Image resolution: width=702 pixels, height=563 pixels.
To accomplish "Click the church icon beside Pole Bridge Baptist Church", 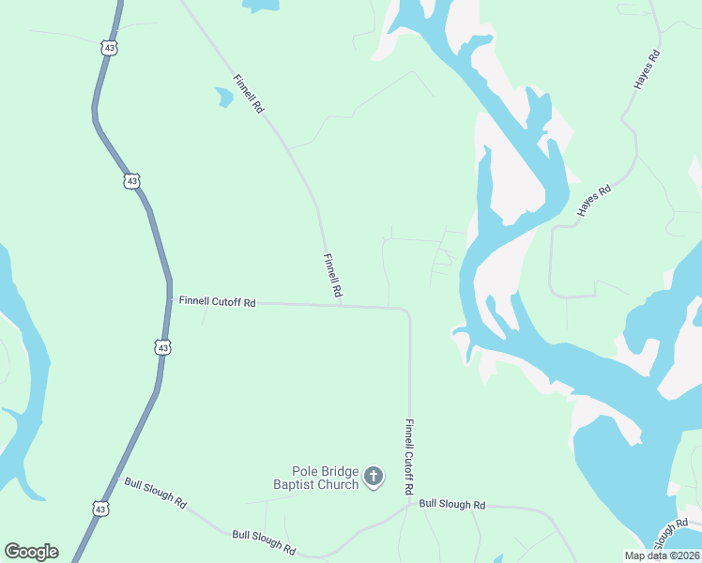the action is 374,478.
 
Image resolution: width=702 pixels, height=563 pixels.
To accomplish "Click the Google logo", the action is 31,551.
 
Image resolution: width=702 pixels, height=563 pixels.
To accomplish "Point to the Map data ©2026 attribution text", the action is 662,555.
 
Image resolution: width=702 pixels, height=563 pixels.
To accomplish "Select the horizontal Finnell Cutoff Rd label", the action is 218,302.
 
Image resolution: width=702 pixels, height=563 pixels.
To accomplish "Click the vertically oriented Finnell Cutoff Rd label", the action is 409,457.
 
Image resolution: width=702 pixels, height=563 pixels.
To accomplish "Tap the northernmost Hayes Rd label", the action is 648,69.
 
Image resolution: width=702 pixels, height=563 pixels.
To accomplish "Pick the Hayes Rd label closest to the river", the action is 594,201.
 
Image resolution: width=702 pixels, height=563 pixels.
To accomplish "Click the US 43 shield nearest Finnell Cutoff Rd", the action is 163,347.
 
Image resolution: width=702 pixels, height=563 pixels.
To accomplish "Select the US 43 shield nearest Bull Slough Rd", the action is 100,508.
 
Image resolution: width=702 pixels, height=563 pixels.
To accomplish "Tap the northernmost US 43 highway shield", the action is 109,47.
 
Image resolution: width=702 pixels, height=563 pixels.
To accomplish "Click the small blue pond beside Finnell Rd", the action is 223,97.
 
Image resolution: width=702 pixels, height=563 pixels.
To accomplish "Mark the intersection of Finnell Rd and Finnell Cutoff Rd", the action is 341,305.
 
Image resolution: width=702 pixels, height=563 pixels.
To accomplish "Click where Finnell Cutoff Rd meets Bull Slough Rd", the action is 410,504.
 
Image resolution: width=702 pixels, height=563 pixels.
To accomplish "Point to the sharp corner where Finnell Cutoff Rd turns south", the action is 408,310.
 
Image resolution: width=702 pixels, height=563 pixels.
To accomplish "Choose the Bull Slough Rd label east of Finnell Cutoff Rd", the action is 451,504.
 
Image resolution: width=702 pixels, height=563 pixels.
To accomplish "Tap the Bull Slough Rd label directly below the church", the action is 265,540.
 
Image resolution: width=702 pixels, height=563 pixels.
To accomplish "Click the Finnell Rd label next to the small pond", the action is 248,94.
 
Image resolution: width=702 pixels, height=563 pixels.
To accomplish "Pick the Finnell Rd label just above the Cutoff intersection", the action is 331,277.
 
